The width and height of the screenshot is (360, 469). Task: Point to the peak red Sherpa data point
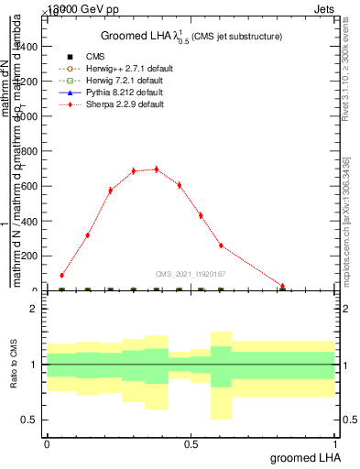[156, 169]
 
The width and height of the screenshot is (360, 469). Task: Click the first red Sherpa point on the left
[61, 275]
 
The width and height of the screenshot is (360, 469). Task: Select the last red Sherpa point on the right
[282, 287]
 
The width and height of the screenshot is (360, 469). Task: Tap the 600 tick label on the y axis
[29, 187]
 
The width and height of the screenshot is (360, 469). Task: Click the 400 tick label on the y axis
[29, 239]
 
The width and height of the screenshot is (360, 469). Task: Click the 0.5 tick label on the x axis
[191, 443]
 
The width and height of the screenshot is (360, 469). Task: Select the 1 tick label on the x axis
[335, 443]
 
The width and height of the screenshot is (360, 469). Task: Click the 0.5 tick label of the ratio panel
[29, 420]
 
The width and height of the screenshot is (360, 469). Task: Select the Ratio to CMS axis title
[14, 365]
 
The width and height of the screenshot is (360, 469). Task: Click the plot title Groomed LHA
[191, 36]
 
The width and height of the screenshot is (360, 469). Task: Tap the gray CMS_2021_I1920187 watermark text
[190, 273]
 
